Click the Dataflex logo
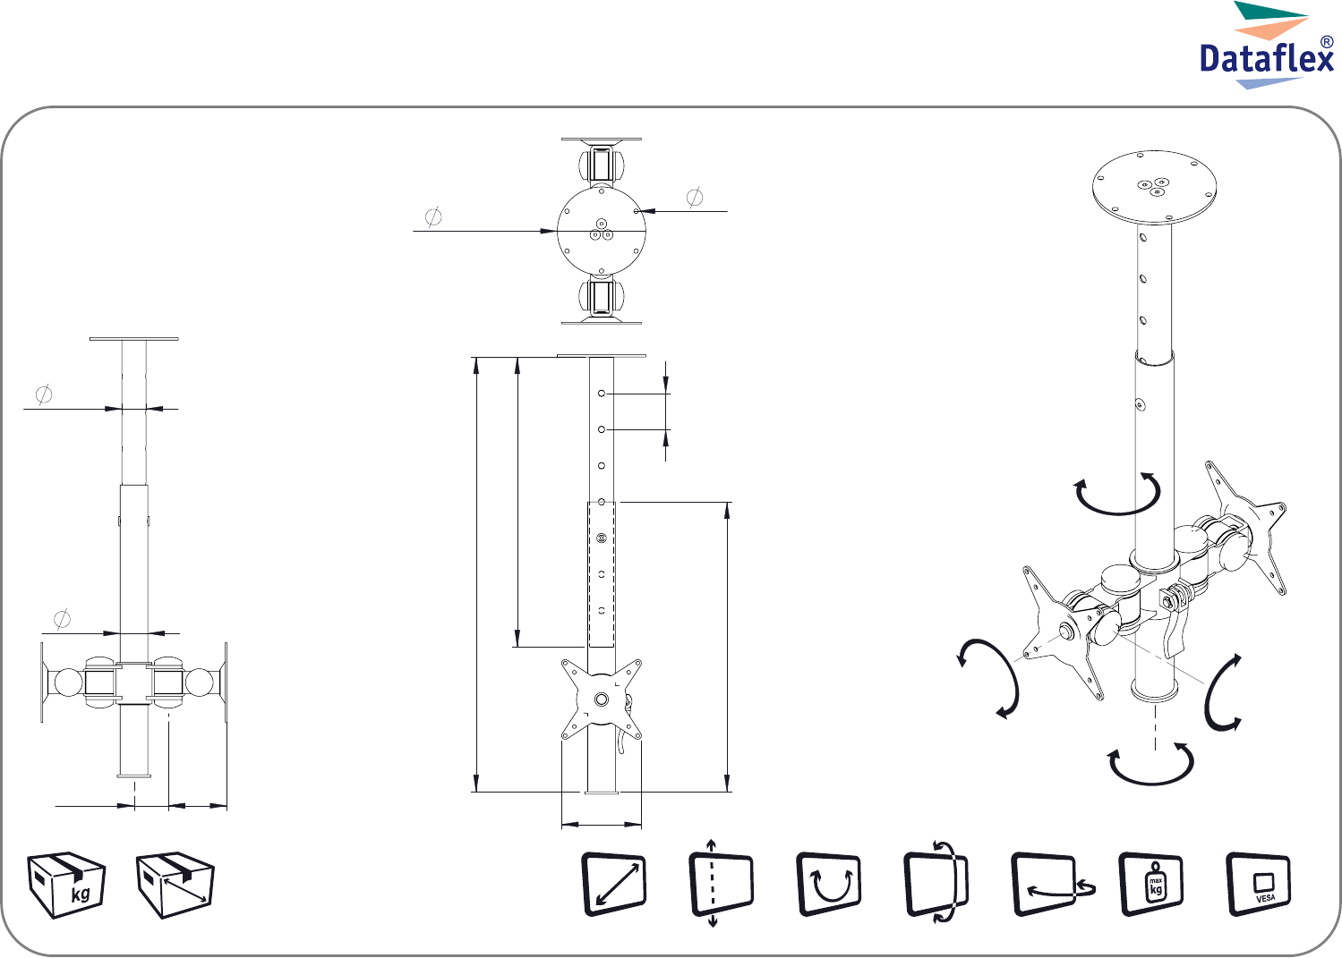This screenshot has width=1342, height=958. pyautogui.click(x=1267, y=46)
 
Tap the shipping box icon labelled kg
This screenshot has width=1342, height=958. pyautogui.click(x=66, y=885)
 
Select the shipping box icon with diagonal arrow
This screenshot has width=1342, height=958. pyautogui.click(x=175, y=885)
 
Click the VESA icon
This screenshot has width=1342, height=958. pyautogui.click(x=1259, y=885)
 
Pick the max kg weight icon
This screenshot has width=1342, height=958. pyautogui.click(x=1151, y=885)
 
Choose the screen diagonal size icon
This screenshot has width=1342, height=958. pyautogui.click(x=615, y=885)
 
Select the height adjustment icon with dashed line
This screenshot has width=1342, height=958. pyautogui.click(x=721, y=885)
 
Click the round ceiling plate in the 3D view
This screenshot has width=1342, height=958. pyautogui.click(x=1154, y=187)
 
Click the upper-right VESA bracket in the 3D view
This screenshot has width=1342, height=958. pyautogui.click(x=1246, y=527)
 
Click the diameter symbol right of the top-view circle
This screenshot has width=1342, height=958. pyautogui.click(x=695, y=197)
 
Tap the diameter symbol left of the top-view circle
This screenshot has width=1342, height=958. pyautogui.click(x=433, y=216)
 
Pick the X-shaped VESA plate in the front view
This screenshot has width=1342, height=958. pyautogui.click(x=602, y=699)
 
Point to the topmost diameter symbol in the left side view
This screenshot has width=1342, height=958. pyautogui.click(x=44, y=394)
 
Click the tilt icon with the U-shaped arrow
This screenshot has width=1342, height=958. pyautogui.click(x=828, y=885)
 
